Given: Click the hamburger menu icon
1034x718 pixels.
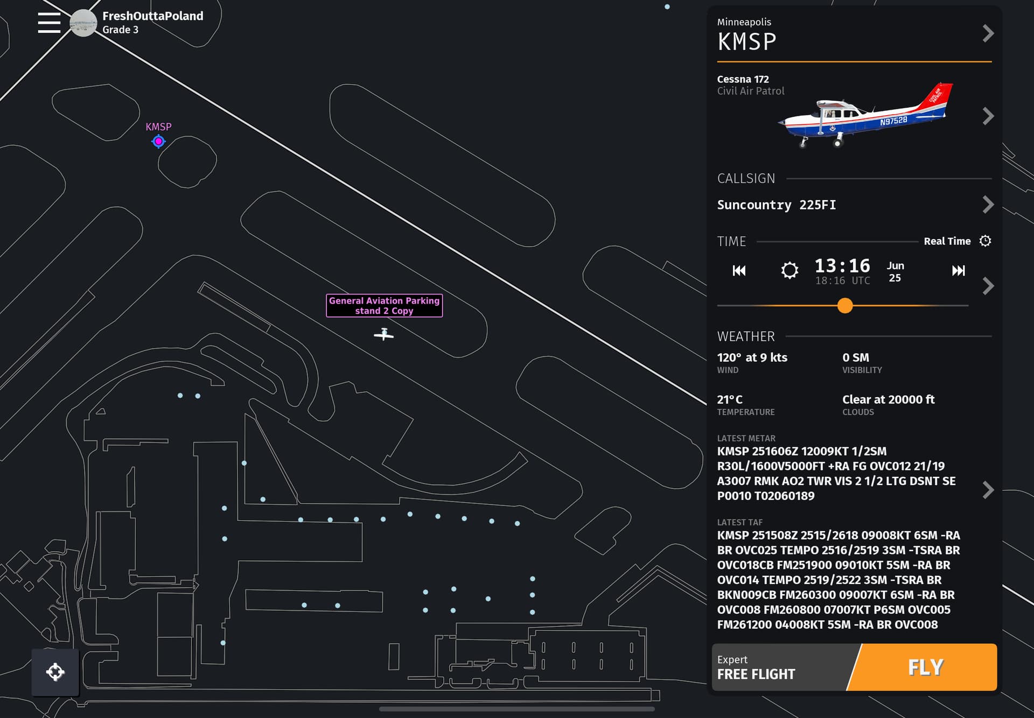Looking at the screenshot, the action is click(49, 23).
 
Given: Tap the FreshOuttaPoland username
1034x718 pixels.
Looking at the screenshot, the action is click(153, 16).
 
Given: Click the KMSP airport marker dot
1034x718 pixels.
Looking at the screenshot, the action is click(158, 142).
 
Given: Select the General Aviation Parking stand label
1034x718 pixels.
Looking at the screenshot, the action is click(385, 306).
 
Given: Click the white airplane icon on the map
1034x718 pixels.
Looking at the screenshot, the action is click(384, 334).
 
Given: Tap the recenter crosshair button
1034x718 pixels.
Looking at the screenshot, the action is click(55, 672).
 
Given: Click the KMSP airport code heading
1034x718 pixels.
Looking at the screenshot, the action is click(746, 41).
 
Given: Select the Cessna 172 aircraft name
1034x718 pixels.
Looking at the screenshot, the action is click(743, 79).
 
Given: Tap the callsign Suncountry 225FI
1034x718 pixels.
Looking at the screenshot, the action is click(776, 205).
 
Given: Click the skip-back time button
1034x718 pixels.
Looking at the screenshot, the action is click(739, 270).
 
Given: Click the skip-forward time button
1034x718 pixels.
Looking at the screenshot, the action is click(959, 270).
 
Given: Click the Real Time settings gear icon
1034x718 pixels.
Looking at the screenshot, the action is click(985, 241).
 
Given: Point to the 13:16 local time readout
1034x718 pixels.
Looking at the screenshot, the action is click(842, 265).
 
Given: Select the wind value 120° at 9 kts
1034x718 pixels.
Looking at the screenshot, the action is click(752, 357).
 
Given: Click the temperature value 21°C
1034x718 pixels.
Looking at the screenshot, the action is click(730, 399).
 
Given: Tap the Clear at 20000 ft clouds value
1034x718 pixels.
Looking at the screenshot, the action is click(888, 399).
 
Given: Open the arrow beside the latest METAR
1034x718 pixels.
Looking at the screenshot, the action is click(988, 490).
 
